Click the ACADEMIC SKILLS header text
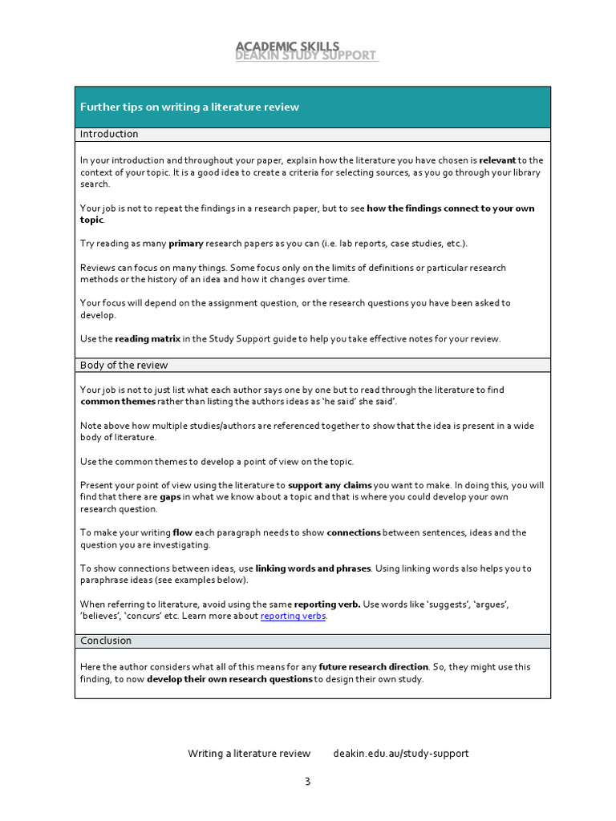287,47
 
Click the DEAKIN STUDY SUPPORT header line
305,56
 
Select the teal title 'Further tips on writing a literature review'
189,107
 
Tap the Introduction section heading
109,134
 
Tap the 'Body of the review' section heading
124,366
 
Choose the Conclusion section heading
106,641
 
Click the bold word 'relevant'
497,160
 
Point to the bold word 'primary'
185,244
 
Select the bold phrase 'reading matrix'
148,339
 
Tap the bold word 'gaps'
170,497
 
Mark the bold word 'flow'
182,532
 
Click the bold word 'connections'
354,532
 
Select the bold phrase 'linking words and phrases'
313,568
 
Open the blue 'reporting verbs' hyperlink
294,617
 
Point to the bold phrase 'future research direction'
374,667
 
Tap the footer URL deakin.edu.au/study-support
400,754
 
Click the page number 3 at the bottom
306,783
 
